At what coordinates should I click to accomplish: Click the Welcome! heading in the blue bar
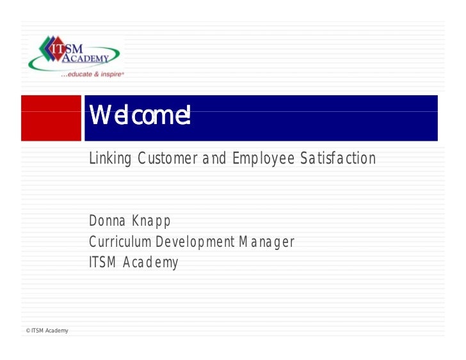[x=140, y=116]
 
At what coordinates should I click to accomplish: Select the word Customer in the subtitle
[x=164, y=158]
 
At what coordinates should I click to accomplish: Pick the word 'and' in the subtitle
[x=214, y=158]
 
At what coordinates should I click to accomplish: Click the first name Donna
[x=108, y=221]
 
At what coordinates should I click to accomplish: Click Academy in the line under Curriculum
[x=152, y=263]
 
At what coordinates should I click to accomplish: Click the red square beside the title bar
[x=51, y=117]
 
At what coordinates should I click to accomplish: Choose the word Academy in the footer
[x=57, y=331]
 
